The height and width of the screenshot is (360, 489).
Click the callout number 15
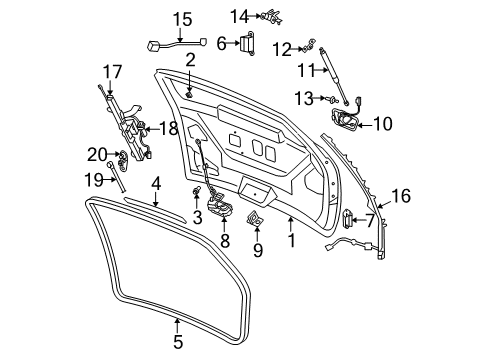[x=181, y=19]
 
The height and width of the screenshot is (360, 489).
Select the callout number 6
[x=223, y=43]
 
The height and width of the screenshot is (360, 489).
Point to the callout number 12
[x=284, y=48]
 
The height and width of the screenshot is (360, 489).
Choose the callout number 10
[x=383, y=124]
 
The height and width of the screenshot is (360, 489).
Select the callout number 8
[x=224, y=240]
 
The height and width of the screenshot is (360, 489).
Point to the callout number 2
[x=189, y=61]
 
